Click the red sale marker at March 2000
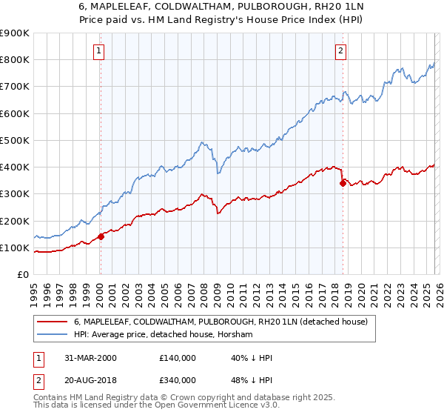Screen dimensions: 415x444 pyautogui.click(x=101, y=237)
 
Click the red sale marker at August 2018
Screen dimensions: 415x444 pyautogui.click(x=343, y=183)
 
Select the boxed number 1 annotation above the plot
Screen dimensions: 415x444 pyautogui.click(x=99, y=51)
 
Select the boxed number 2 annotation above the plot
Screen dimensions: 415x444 pyautogui.click(x=340, y=51)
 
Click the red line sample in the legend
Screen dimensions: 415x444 pyautogui.click(x=53, y=322)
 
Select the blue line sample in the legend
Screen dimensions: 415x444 pyautogui.click(x=53, y=335)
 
